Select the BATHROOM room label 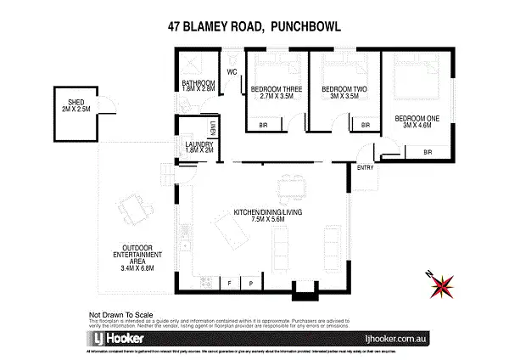coord(199,87)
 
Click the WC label coord(231,71)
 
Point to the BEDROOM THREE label coord(275,91)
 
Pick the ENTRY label coord(366,168)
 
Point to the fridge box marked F coord(230,282)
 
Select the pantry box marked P coord(251,282)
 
